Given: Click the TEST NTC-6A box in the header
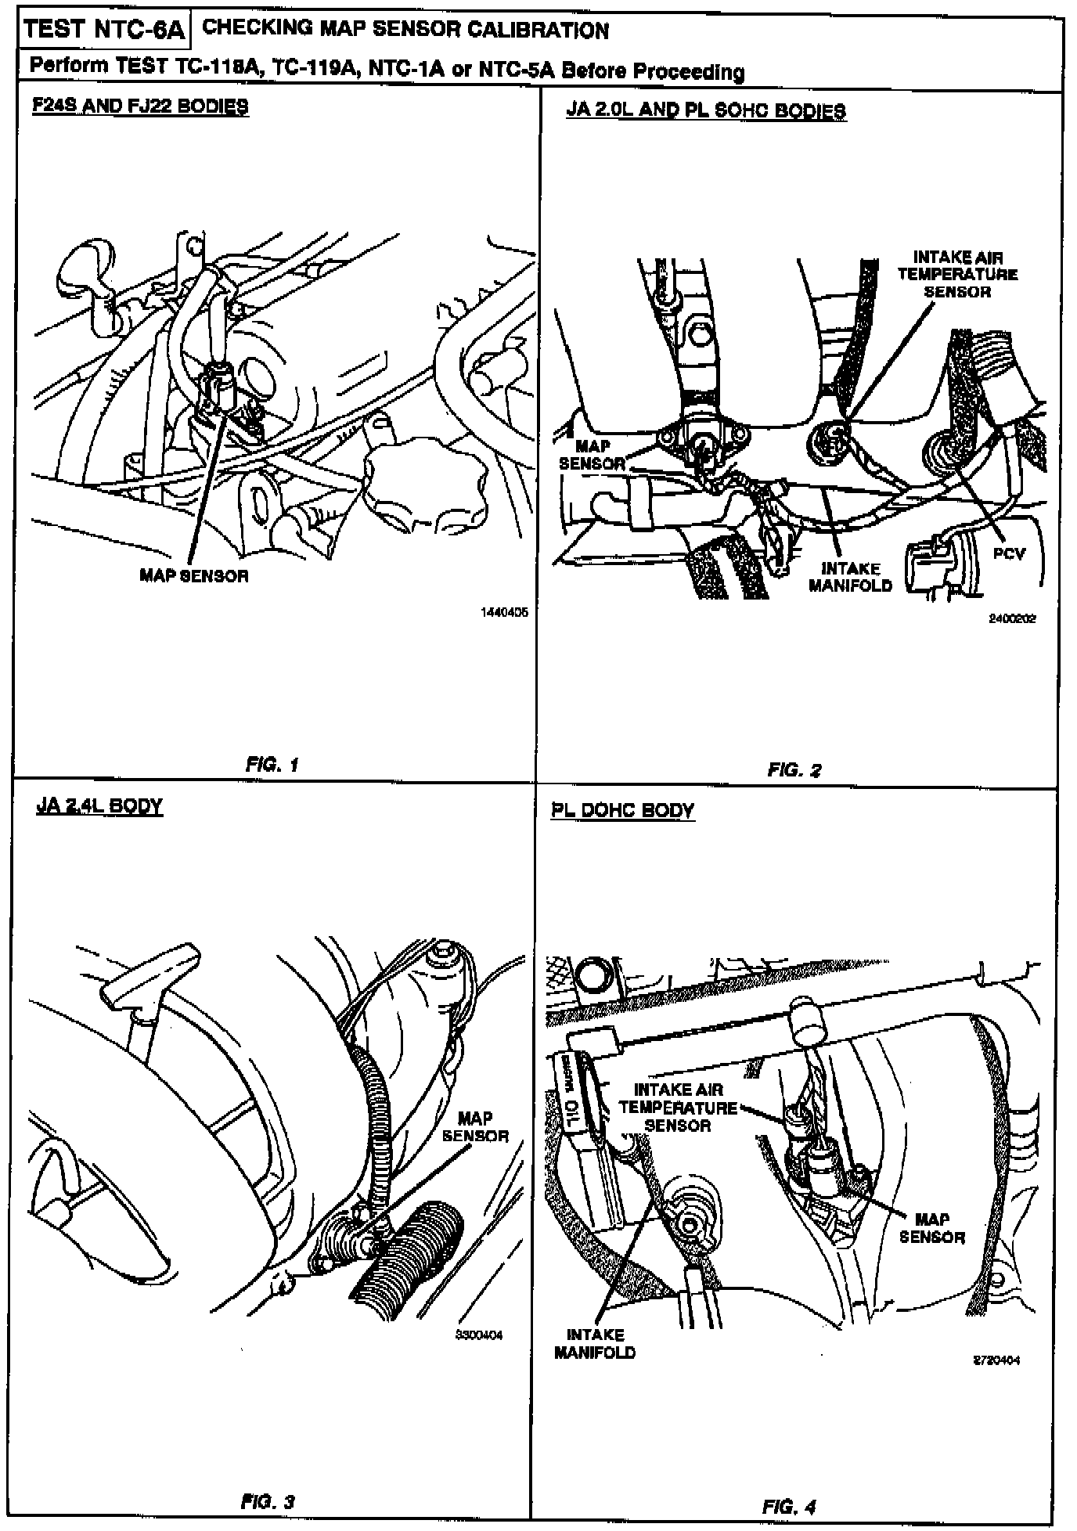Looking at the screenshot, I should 104,31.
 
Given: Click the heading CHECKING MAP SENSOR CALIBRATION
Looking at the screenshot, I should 405,31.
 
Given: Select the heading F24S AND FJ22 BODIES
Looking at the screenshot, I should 140,106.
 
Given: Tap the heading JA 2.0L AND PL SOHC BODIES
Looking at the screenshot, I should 705,110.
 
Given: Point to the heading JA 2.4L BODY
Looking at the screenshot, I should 99,806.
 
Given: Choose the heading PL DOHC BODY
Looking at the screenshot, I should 622,810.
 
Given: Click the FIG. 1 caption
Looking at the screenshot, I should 272,765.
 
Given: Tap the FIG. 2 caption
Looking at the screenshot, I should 794,770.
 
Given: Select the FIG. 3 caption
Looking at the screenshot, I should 268,1502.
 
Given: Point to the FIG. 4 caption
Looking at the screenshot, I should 789,1507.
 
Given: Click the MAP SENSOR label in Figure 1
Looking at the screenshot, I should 194,576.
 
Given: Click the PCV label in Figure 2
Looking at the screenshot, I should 1009,553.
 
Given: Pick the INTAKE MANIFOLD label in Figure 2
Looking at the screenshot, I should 850,577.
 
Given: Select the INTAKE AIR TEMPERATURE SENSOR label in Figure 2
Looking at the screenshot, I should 957,274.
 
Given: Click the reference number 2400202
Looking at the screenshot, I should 1012,618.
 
